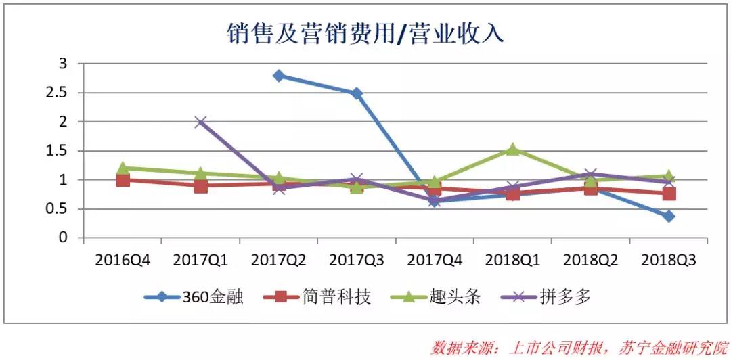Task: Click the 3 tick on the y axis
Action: point(64,64)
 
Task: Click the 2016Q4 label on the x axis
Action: point(121,260)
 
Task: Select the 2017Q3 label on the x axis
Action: point(356,260)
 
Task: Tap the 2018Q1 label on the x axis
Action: point(512,260)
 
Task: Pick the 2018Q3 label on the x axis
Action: point(668,260)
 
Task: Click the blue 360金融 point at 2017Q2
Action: point(278,75)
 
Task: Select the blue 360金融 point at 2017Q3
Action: point(357,93)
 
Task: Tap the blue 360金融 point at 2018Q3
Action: point(669,217)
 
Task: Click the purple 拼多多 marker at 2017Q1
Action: point(200,122)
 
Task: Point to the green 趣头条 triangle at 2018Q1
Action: point(512,149)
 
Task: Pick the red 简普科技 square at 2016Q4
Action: point(123,180)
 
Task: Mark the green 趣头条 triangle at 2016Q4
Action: point(123,168)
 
